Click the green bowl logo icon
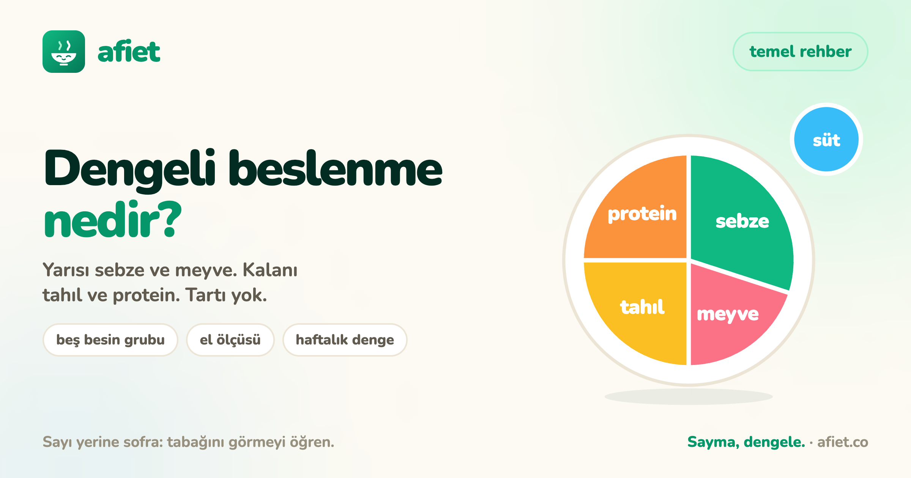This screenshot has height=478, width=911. [64, 52]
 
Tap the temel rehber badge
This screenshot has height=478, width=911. [800, 52]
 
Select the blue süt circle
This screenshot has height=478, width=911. [826, 139]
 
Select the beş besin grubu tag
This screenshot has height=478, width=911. [110, 340]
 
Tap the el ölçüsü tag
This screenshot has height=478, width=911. [230, 340]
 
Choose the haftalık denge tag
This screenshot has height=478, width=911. [345, 340]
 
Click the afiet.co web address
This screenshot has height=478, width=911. [843, 442]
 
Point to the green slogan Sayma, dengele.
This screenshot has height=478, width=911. [746, 442]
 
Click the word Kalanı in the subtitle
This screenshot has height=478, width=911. [270, 270]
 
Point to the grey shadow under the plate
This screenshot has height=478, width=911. [689, 397]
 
